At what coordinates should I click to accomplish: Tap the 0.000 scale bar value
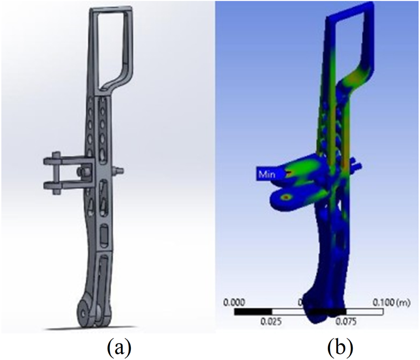(234, 303)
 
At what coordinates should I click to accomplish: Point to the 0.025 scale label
(272, 321)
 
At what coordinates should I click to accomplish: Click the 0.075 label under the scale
(346, 321)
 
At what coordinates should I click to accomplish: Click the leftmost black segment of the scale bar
(253, 312)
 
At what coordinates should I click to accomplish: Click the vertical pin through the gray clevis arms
(56, 173)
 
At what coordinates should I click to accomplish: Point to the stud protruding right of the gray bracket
(118, 170)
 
